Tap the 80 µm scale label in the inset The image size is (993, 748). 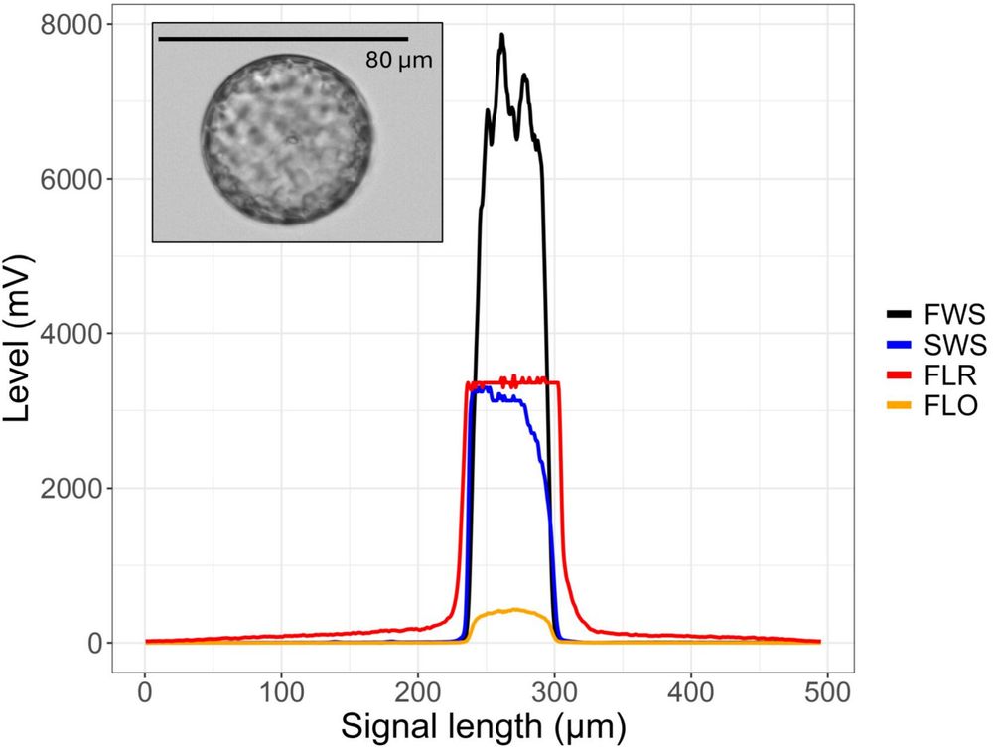click(x=399, y=60)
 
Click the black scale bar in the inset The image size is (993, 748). click(x=283, y=39)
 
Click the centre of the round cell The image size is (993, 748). click(x=288, y=139)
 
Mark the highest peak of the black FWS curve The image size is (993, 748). click(x=502, y=36)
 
